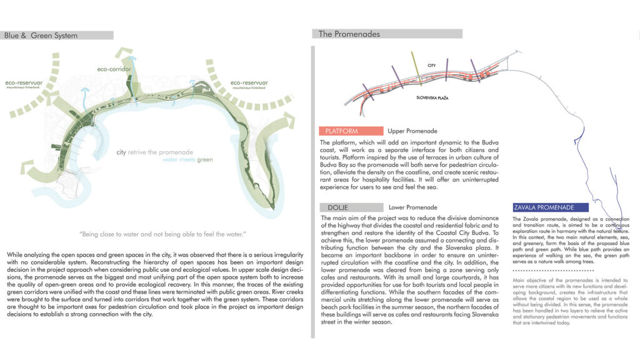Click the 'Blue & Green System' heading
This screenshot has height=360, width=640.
click(x=41, y=36)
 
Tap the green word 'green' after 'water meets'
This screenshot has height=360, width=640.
click(x=204, y=160)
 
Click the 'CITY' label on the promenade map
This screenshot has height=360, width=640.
click(x=431, y=66)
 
